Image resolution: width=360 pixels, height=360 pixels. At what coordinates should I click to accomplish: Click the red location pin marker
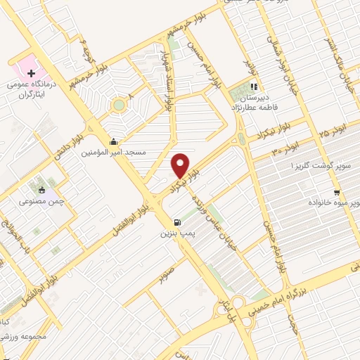(x=181, y=165)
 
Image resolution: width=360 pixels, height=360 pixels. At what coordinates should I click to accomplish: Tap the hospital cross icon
(x=31, y=73)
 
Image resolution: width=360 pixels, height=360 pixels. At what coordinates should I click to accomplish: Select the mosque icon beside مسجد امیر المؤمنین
(x=114, y=141)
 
